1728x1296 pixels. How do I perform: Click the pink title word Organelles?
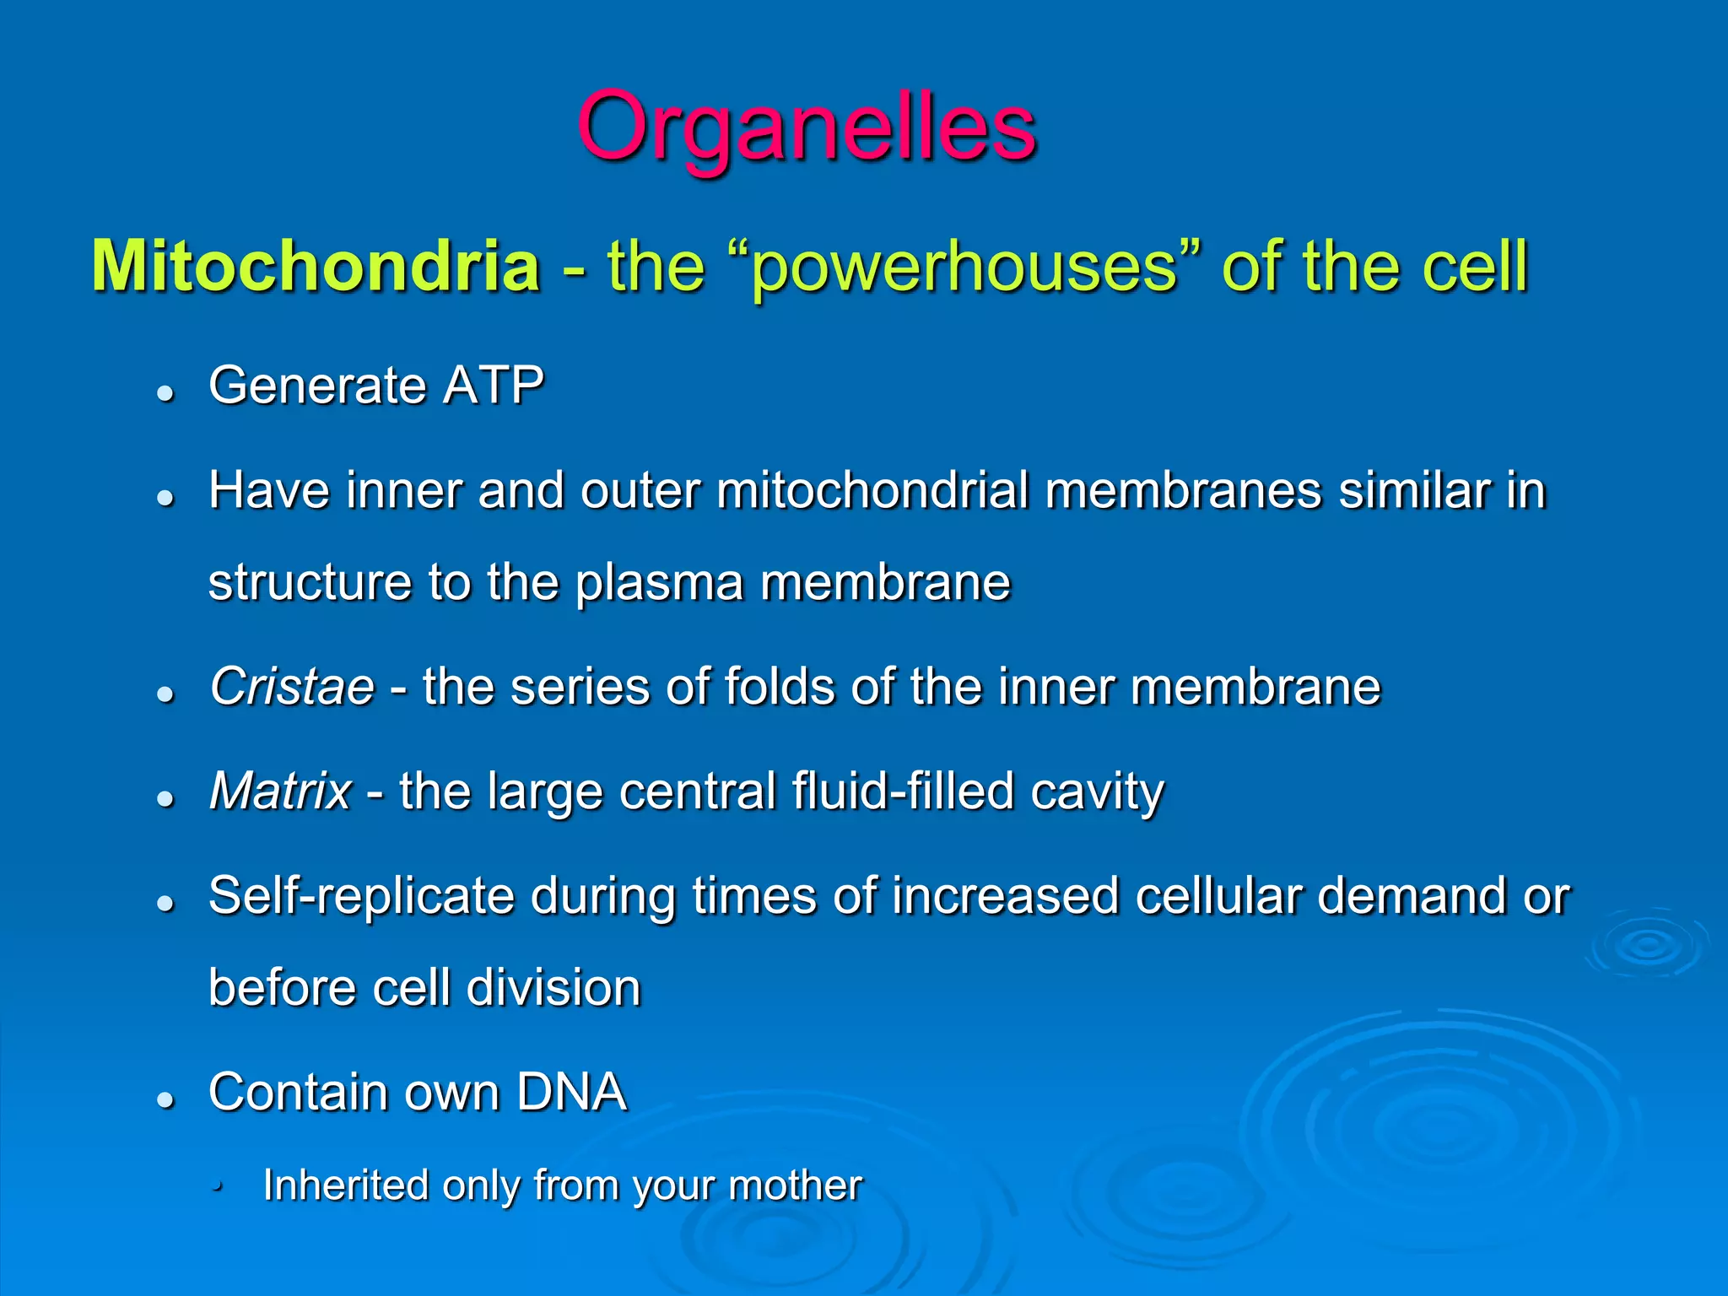coord(807,128)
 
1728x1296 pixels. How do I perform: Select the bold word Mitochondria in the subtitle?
coord(316,267)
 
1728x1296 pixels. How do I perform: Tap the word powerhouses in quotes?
coord(964,268)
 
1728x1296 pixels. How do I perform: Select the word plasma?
coord(659,583)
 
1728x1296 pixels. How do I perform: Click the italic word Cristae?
coord(292,686)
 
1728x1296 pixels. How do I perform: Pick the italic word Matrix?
coord(280,791)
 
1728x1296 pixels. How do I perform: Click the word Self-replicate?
coord(361,895)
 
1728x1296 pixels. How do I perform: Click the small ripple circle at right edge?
coord(1645,945)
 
